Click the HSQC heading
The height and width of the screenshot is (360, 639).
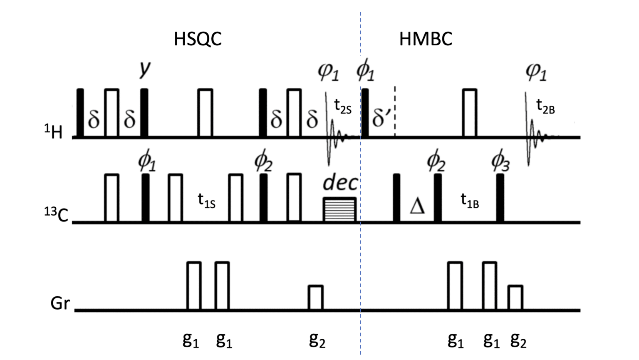(x=198, y=39)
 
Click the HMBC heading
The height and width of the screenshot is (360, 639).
(x=425, y=39)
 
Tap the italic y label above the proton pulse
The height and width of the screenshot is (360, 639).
(x=144, y=69)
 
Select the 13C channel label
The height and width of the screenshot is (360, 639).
(x=56, y=214)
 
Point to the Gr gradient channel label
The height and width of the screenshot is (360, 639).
(x=60, y=303)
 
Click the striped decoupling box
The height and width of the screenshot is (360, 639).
(x=339, y=209)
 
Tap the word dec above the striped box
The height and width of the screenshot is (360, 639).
(x=340, y=183)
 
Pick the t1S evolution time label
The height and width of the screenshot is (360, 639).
(x=206, y=201)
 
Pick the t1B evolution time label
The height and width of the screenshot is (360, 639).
(x=470, y=201)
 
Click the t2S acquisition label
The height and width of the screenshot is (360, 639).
(x=343, y=107)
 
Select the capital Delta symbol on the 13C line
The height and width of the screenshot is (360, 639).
(x=417, y=206)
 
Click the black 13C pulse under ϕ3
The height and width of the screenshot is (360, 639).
(x=500, y=198)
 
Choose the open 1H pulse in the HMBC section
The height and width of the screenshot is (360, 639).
(x=469, y=112)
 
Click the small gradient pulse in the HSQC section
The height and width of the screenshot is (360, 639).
(x=315, y=298)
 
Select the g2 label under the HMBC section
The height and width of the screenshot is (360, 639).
(x=518, y=340)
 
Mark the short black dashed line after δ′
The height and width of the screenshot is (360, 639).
(x=395, y=112)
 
